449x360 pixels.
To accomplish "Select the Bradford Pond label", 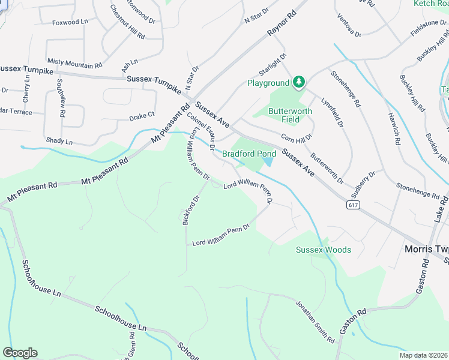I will pyautogui.click(x=249, y=154).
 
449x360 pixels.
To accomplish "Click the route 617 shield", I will pyautogui.click(x=354, y=205).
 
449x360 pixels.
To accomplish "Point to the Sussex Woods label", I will pyautogui.click(x=324, y=250).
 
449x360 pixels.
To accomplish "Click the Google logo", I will pyautogui.click(x=20, y=352).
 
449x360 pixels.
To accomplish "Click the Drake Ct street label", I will pyautogui.click(x=142, y=116).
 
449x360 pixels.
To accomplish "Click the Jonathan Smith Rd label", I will pyautogui.click(x=315, y=322).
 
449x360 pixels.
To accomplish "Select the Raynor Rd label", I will pyautogui.click(x=283, y=22).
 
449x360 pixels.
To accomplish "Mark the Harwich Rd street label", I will pyautogui.click(x=394, y=128).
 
